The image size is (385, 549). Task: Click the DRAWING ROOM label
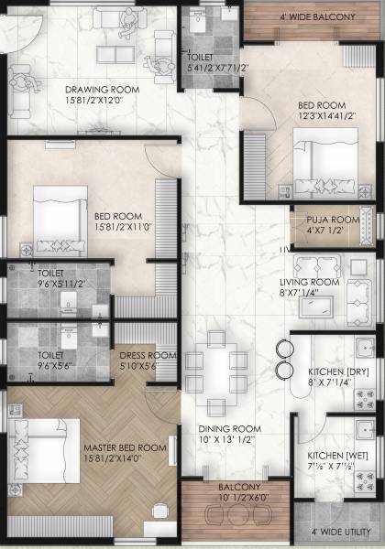pyautogui.click(x=102, y=90)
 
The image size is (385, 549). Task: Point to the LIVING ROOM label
pyautogui.click(x=311, y=282)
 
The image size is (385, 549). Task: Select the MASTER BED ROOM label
pyautogui.click(x=126, y=447)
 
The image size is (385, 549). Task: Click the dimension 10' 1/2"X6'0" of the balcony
pyautogui.click(x=218, y=499)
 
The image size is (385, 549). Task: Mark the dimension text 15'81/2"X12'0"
pyautogui.click(x=100, y=102)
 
